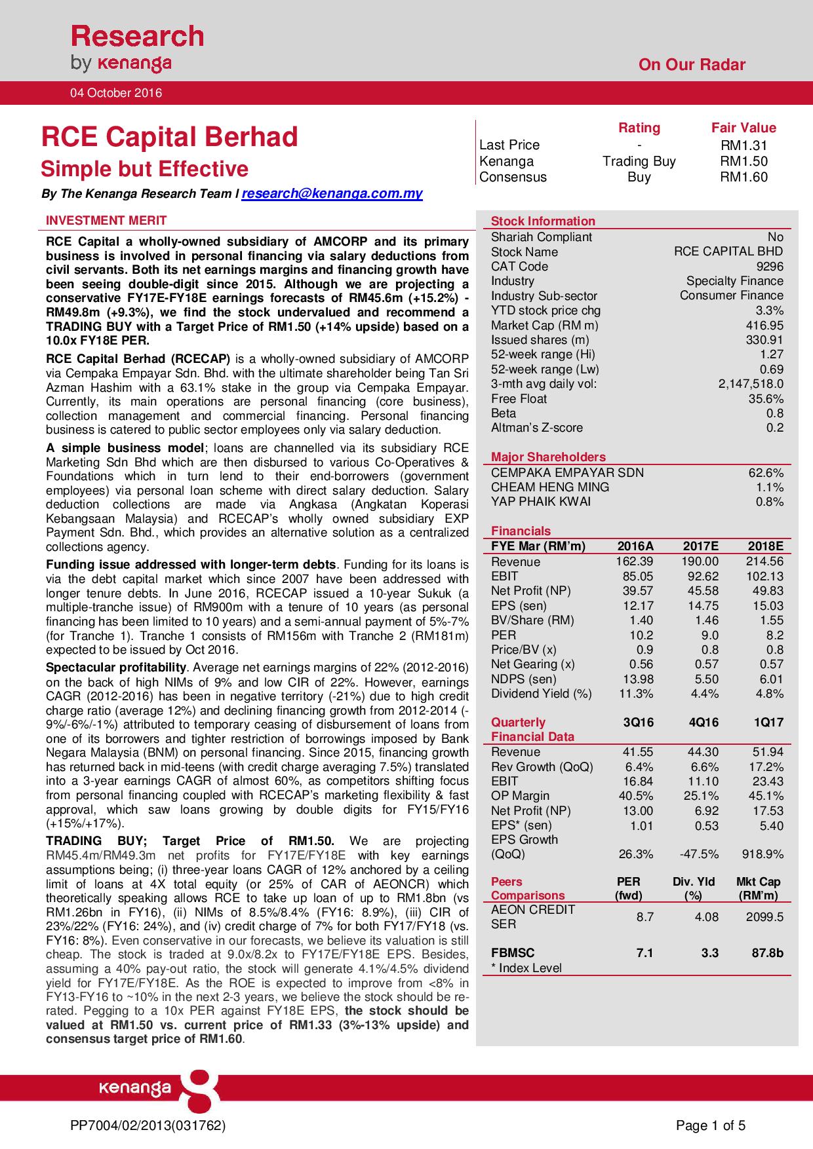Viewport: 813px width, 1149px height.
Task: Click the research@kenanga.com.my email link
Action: click(332, 194)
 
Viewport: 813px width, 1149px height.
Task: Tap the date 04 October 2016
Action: click(116, 93)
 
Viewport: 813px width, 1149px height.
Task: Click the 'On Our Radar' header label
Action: click(692, 65)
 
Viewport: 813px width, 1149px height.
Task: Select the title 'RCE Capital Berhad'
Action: click(170, 138)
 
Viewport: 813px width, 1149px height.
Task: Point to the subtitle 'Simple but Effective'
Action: click(145, 169)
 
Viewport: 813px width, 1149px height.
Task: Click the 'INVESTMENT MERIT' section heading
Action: click(106, 221)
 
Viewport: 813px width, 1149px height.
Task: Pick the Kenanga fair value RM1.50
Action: click(744, 161)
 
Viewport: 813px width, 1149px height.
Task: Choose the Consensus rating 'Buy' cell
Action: click(639, 177)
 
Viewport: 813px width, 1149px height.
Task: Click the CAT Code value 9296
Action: click(770, 267)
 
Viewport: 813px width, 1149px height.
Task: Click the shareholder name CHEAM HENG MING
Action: click(550, 487)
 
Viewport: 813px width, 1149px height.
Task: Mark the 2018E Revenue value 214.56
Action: click(764, 562)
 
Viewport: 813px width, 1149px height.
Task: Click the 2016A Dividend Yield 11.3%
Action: click(636, 693)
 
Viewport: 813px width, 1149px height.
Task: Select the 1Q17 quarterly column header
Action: click(766, 723)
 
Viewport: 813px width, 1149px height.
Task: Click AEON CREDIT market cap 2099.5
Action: click(764, 917)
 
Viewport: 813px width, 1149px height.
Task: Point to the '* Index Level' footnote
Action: click(526, 968)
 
